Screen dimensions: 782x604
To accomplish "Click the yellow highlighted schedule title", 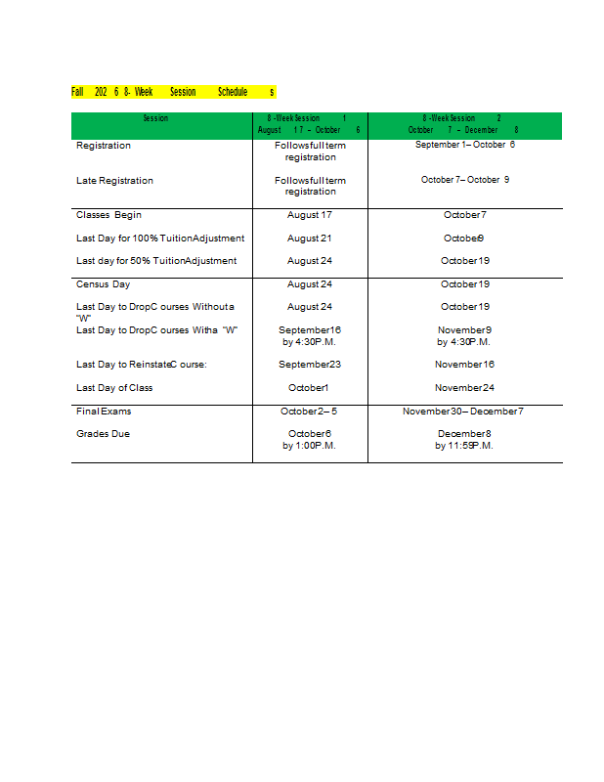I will (x=173, y=92).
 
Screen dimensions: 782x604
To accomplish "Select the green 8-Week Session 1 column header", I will (x=310, y=124).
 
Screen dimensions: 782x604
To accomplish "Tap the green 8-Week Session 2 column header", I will (x=464, y=124).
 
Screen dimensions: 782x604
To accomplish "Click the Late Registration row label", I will (x=114, y=181).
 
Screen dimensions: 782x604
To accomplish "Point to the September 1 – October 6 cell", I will (x=464, y=145).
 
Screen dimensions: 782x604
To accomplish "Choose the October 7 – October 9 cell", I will (x=464, y=180).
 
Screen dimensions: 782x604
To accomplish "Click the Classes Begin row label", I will (x=108, y=215).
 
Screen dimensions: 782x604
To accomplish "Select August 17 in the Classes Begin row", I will (x=310, y=215).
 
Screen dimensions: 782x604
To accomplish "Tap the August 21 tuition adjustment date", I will (x=310, y=239).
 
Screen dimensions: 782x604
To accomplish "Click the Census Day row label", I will (x=103, y=284).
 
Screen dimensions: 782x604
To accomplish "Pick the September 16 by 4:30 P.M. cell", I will (x=310, y=336).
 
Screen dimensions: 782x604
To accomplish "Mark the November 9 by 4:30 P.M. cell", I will (x=464, y=336).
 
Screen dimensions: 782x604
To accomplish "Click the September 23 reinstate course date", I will (x=310, y=365).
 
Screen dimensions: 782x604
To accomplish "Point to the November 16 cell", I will (x=464, y=365).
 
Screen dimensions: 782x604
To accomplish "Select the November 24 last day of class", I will (x=464, y=388).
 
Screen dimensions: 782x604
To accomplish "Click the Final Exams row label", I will (x=104, y=412).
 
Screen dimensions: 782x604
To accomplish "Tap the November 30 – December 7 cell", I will (x=464, y=412).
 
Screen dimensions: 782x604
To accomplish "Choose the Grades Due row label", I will (x=103, y=434).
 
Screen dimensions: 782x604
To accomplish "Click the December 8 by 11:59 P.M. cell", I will (x=464, y=440).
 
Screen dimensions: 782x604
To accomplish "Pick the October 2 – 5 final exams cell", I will (x=310, y=412).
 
